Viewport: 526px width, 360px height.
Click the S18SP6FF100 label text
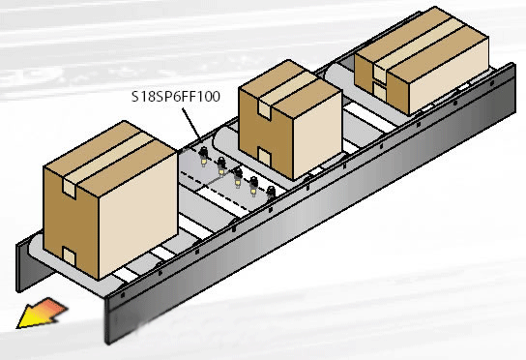[176, 97]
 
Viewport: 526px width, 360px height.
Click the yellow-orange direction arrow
[42, 313]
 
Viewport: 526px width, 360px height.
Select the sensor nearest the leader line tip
[203, 157]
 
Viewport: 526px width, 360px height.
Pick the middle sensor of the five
[238, 178]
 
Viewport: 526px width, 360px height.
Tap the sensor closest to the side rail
[271, 194]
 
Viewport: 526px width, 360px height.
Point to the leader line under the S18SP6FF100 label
[191, 125]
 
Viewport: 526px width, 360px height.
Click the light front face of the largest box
[138, 215]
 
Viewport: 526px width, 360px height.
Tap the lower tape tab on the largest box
[69, 255]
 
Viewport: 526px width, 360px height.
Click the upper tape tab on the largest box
[70, 189]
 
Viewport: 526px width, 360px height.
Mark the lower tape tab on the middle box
[265, 157]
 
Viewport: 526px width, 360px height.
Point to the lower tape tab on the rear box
[380, 91]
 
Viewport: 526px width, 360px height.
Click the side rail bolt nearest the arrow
[123, 295]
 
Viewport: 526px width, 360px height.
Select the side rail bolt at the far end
[492, 82]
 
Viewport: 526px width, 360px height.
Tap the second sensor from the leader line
[221, 166]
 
